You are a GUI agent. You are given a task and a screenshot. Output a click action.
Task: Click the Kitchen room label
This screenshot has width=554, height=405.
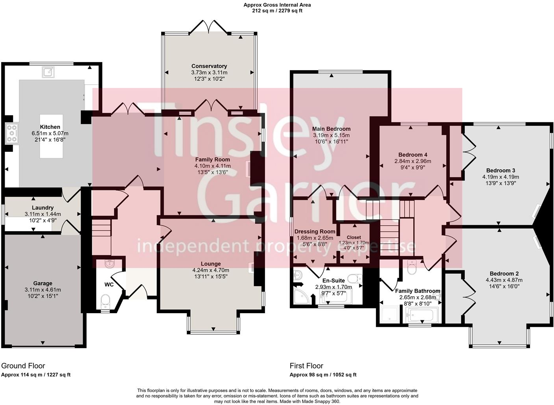point(50,127)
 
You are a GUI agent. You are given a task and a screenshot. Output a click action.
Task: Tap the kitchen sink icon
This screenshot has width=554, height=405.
point(49,72)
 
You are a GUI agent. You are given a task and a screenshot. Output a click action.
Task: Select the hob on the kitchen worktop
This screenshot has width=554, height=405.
point(12,133)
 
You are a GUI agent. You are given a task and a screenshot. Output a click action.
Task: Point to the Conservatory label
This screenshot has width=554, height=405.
point(209,66)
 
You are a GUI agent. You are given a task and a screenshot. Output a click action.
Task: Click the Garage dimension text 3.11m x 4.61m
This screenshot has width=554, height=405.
point(42,290)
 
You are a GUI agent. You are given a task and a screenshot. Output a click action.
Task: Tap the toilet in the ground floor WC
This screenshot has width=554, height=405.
point(105,301)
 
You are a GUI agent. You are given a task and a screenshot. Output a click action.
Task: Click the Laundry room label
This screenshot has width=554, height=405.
point(42,208)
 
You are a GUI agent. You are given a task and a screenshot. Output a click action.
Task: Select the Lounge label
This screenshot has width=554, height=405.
point(211,264)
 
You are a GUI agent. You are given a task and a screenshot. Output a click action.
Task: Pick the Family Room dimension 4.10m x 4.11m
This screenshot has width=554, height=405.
point(212,166)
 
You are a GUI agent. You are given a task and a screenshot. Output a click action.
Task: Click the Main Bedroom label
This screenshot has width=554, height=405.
point(331,129)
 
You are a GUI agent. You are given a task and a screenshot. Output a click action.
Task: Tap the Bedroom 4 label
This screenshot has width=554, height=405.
point(412,155)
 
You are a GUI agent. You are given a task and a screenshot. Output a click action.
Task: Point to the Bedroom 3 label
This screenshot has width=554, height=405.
point(501,170)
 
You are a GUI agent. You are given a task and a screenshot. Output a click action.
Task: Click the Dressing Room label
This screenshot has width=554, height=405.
point(315,232)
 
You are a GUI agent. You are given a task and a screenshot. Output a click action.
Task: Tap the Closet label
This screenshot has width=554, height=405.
point(354,237)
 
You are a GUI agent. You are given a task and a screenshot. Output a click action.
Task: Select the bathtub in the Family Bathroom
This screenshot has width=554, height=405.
point(423,315)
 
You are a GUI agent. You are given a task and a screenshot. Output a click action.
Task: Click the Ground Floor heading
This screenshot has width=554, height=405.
point(23,366)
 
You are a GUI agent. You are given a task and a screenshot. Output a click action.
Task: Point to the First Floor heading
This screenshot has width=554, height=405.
point(306,366)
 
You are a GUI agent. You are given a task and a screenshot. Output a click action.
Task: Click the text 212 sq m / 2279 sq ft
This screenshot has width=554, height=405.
point(277,11)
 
